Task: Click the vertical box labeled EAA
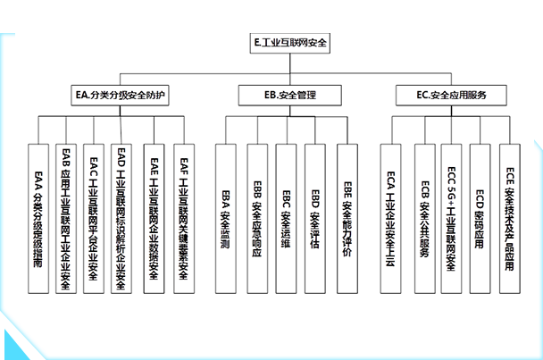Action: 38,219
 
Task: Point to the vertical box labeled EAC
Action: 94,219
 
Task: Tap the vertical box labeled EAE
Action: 154,219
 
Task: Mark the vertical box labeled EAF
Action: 183,219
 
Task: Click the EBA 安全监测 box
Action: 225,219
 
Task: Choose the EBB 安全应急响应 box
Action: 256,219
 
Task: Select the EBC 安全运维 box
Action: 286,219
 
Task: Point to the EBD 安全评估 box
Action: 314,219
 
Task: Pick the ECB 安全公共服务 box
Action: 424,219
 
